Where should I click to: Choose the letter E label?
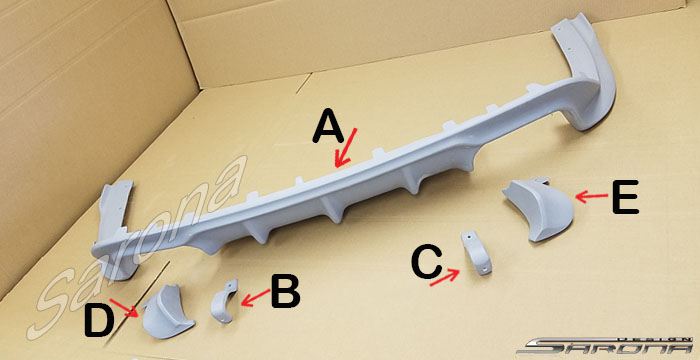click(x=625, y=196)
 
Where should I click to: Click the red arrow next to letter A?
click(x=346, y=148)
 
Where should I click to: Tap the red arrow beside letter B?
click(x=255, y=298)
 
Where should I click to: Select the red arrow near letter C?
click(x=445, y=277)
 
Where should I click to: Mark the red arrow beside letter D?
click(x=124, y=308)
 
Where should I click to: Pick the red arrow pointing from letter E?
click(x=592, y=196)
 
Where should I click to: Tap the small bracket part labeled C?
click(x=477, y=253)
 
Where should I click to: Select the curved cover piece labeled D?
click(x=167, y=312)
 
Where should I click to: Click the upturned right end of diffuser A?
click(x=585, y=71)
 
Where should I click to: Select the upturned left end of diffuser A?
click(x=115, y=228)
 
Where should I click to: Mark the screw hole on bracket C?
click(x=470, y=237)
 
